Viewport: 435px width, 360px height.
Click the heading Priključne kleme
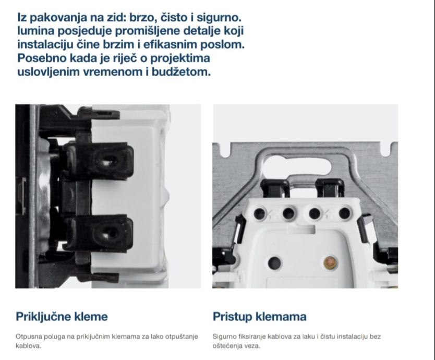pos(62,317)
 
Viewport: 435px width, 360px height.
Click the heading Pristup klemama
pos(259,317)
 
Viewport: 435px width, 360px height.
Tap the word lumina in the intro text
pos(36,31)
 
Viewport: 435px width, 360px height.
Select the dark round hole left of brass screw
pos(275,262)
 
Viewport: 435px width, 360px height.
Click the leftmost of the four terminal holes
pos(260,214)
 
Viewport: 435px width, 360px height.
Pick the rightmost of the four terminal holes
pos(344,213)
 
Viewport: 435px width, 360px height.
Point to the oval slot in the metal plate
pos(297,164)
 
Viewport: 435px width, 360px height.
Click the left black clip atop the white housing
pos(275,187)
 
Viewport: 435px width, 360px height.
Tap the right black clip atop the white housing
pos(330,187)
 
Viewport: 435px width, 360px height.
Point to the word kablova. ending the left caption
pos(28,346)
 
